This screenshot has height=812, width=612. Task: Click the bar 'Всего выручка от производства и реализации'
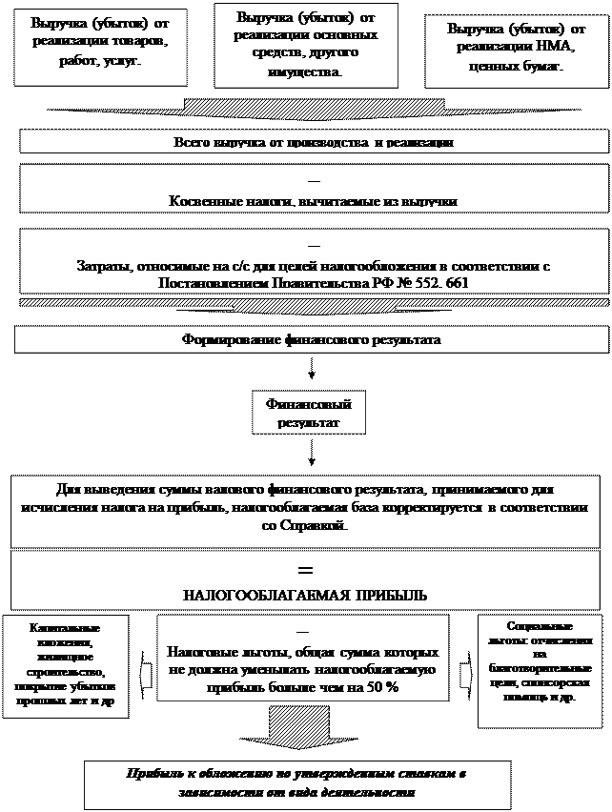pyautogui.click(x=313, y=142)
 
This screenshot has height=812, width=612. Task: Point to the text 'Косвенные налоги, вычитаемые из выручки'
pyautogui.click(x=313, y=202)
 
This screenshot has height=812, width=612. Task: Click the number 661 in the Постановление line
pyautogui.click(x=457, y=283)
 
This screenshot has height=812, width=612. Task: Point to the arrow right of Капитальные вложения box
pyautogui.click(x=146, y=673)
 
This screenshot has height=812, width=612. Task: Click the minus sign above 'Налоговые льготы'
pyautogui.click(x=303, y=631)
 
